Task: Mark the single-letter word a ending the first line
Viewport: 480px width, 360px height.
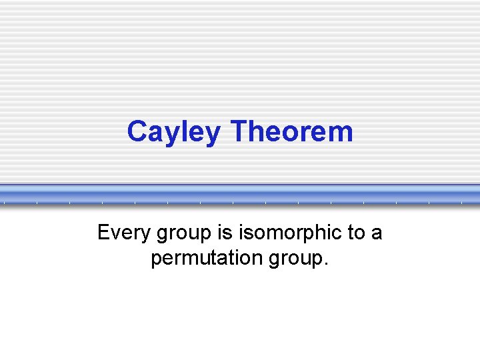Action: (377, 234)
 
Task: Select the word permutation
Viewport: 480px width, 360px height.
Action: (209, 258)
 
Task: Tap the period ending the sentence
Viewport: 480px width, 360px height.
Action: (327, 264)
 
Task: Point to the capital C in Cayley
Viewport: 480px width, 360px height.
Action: (137, 131)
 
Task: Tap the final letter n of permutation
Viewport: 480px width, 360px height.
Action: (262, 259)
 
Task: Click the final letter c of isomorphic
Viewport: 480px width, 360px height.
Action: (337, 234)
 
